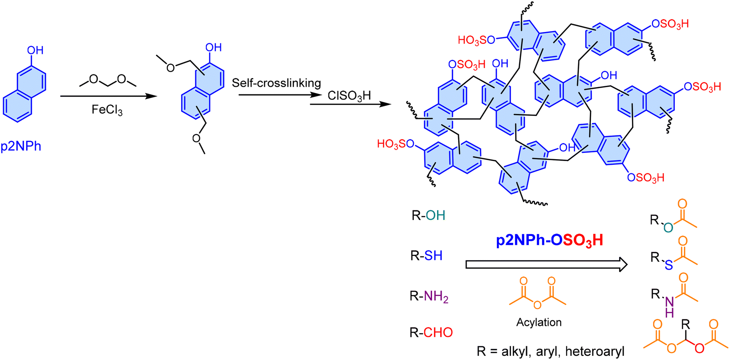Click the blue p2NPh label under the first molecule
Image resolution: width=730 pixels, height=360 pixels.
point(21,146)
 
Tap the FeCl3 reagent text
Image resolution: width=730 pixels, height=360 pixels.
point(107,110)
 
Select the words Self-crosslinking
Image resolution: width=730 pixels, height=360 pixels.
point(276,83)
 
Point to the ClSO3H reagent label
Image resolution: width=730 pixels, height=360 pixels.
point(349,96)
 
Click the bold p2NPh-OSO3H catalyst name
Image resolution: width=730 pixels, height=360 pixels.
point(550,240)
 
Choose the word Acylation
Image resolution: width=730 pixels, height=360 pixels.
point(539,322)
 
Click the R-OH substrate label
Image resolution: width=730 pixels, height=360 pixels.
point(428,215)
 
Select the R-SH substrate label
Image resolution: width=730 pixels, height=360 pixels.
point(427,256)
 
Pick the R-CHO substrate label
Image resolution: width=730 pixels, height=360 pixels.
point(431,332)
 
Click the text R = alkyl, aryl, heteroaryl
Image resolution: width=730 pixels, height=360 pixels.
point(550,351)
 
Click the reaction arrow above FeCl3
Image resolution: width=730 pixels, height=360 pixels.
point(109,96)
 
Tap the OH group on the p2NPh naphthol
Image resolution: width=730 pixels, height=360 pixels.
point(35,50)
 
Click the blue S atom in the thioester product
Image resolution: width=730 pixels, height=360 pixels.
point(669,265)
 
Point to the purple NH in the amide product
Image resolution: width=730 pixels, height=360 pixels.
point(669,307)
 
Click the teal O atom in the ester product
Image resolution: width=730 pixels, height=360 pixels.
point(668,227)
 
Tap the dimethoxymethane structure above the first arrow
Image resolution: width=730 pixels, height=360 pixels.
point(108,80)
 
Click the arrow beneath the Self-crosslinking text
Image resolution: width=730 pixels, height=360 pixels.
point(280,95)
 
